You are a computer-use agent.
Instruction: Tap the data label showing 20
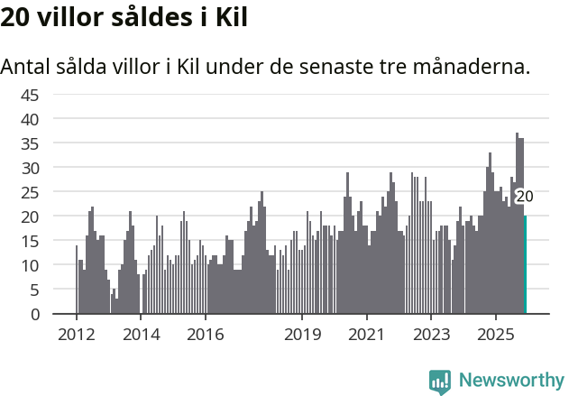[524, 196]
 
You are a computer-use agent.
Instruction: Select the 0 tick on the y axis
[34, 314]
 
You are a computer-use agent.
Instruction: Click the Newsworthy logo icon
[440, 382]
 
